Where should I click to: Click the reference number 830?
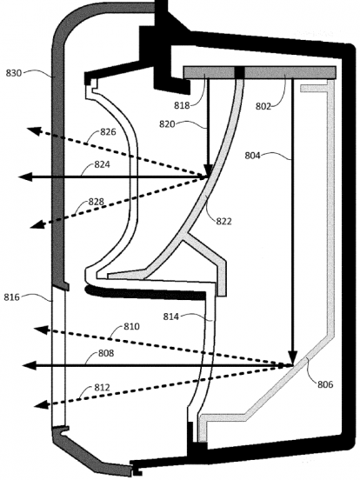(x=14, y=73)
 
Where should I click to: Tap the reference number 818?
(x=182, y=105)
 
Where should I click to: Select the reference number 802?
(x=263, y=106)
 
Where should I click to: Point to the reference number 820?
(x=167, y=124)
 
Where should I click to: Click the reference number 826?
(x=108, y=131)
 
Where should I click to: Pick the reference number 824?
(x=102, y=164)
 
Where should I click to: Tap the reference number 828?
(x=97, y=202)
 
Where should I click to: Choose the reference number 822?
(x=223, y=221)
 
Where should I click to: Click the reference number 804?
(x=252, y=156)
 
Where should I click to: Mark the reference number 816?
(x=11, y=297)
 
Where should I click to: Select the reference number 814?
(x=170, y=317)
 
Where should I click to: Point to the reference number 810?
(x=131, y=326)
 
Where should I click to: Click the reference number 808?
(x=106, y=353)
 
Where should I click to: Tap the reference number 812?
(x=102, y=388)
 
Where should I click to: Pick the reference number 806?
(x=325, y=384)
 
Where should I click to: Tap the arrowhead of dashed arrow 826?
(x=34, y=131)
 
